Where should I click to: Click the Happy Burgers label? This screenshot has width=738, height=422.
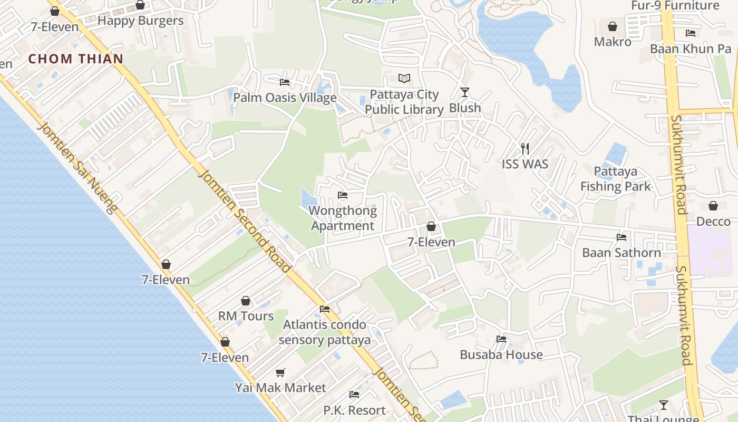pyautogui.click(x=140, y=21)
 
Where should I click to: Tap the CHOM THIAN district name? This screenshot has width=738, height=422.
pyautogui.click(x=76, y=59)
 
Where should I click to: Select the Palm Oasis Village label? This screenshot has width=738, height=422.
pyautogui.click(x=285, y=98)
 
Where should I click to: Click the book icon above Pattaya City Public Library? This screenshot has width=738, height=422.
pyautogui.click(x=404, y=78)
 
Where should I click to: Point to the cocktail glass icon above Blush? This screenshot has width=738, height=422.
pyautogui.click(x=464, y=92)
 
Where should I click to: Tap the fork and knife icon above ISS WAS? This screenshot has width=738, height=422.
pyautogui.click(x=525, y=148)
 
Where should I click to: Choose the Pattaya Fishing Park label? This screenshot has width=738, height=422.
pyautogui.click(x=616, y=179)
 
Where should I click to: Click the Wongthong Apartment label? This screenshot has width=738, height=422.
pyautogui.click(x=343, y=218)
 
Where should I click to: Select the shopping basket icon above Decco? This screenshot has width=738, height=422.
pyautogui.click(x=713, y=206)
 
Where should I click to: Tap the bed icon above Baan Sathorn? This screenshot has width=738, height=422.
pyautogui.click(x=622, y=237)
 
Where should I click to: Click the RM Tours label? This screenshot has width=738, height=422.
pyautogui.click(x=246, y=316)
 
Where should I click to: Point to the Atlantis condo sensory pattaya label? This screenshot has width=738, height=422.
pyautogui.click(x=325, y=332)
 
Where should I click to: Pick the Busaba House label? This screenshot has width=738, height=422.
pyautogui.click(x=501, y=354)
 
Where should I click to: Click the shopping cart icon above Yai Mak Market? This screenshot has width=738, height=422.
pyautogui.click(x=280, y=372)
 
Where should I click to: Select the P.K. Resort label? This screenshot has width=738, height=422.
pyautogui.click(x=354, y=410)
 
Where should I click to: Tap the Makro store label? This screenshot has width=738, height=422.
pyautogui.click(x=613, y=41)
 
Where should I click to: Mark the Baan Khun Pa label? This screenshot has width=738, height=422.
pyautogui.click(x=691, y=49)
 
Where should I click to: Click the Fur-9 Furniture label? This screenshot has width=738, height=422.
pyautogui.click(x=675, y=6)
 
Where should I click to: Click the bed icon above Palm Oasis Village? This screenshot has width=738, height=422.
pyautogui.click(x=285, y=82)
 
